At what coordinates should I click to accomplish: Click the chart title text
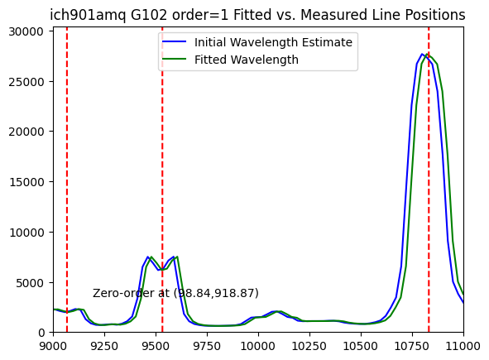(257, 15)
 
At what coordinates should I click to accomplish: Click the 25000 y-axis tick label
(26, 82)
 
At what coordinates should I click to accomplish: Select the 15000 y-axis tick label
(26, 182)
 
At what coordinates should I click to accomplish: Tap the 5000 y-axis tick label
(29, 283)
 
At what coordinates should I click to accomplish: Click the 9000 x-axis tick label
(53, 346)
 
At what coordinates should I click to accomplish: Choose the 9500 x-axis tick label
(156, 346)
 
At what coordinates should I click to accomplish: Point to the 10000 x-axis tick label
(258, 346)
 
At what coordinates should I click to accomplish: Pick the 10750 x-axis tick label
(412, 346)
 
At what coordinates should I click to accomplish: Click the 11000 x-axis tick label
(463, 346)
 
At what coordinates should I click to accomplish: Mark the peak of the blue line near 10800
(422, 54)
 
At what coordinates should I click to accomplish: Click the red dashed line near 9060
(67, 180)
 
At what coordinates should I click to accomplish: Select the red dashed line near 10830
(429, 180)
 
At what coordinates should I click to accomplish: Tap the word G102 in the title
(149, 15)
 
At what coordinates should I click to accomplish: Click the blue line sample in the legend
(174, 42)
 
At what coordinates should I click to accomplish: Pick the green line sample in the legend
(174, 60)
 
